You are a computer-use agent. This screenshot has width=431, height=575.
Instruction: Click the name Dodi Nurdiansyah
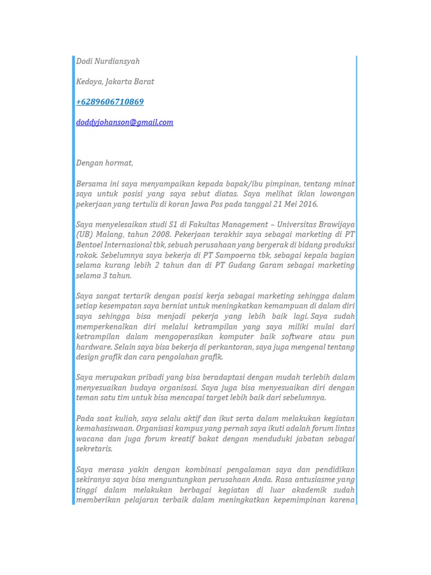108,61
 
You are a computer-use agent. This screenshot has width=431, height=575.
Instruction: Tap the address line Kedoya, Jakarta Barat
115,81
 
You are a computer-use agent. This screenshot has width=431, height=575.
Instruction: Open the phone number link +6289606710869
110,102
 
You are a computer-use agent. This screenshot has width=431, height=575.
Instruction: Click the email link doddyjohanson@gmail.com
125,122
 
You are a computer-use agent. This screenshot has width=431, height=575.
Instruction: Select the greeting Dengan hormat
104,163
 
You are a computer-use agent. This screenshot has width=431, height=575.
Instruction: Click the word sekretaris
94,449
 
